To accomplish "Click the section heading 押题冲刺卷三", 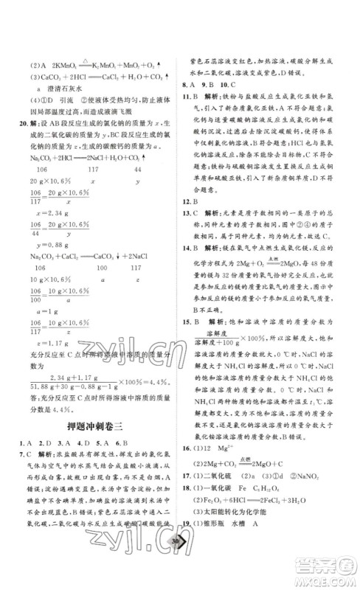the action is pos(92,427).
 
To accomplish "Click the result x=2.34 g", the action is pos(45,229).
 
